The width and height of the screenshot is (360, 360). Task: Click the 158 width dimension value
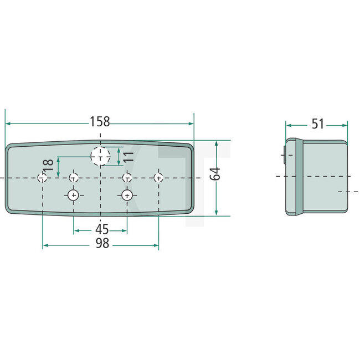tap(100, 121)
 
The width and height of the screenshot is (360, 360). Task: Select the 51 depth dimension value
tap(317, 124)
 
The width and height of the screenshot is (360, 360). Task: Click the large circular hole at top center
tap(100, 157)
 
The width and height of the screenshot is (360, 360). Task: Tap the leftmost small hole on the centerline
tap(42, 178)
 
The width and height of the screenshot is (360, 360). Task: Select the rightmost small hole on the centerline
tap(159, 178)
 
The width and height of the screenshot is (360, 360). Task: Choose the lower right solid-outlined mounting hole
tap(127, 196)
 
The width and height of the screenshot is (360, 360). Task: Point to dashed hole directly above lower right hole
tap(127, 178)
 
